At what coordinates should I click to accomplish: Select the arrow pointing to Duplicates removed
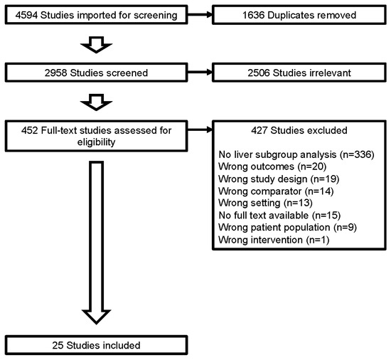(200, 15)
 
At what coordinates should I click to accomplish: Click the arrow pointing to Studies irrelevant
(200, 73)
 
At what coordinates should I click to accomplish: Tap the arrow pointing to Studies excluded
(200, 129)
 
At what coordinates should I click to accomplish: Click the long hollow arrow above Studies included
(96, 243)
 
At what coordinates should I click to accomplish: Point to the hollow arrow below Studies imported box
(96, 45)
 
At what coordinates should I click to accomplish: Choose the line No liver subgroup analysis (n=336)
(296, 154)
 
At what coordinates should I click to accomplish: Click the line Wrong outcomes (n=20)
(272, 166)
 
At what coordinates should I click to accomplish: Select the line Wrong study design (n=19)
(279, 179)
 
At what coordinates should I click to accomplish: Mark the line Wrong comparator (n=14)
(276, 191)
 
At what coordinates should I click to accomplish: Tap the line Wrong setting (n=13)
(265, 203)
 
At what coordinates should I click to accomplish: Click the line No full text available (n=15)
(279, 215)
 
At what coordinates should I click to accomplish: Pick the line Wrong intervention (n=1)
(274, 240)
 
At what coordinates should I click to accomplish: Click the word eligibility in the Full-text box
(96, 142)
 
